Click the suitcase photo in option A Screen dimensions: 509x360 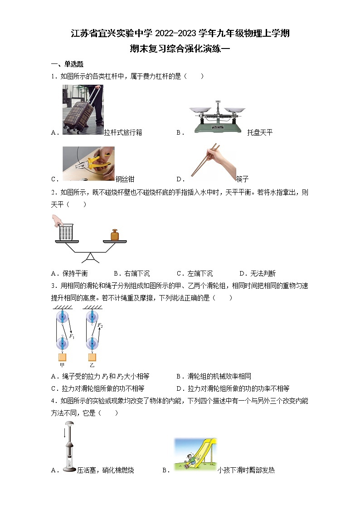(83, 110)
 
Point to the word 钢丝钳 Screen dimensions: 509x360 (125, 179)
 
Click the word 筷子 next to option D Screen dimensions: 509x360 (243, 179)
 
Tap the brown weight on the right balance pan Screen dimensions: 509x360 (114, 234)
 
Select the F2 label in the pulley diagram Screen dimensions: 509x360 (100, 325)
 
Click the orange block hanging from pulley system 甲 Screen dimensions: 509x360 (62, 357)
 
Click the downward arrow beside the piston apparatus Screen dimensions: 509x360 (64, 434)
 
